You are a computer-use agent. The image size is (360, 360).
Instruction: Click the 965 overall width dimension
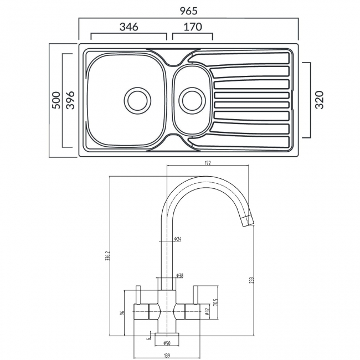click(x=189, y=10)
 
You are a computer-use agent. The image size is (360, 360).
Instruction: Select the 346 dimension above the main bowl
click(x=128, y=27)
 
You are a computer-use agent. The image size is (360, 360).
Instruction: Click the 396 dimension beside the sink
click(x=70, y=100)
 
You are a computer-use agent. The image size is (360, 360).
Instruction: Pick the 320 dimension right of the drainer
click(x=318, y=100)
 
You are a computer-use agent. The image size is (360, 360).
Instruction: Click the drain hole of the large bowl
click(x=136, y=100)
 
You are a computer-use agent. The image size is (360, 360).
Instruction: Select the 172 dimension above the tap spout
click(x=208, y=163)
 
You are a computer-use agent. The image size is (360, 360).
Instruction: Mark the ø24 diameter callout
click(x=178, y=239)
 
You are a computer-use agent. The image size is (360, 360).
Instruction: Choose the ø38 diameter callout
click(x=180, y=275)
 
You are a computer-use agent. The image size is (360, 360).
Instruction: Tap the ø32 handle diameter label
click(x=206, y=312)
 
